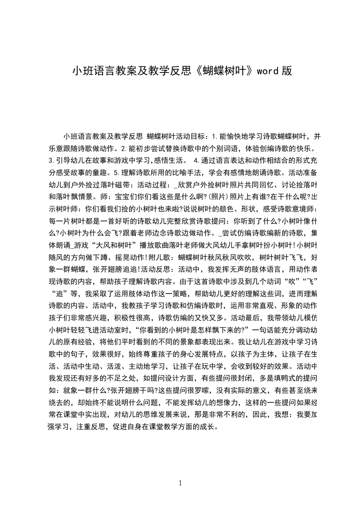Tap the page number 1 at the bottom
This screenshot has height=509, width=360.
click(180, 483)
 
